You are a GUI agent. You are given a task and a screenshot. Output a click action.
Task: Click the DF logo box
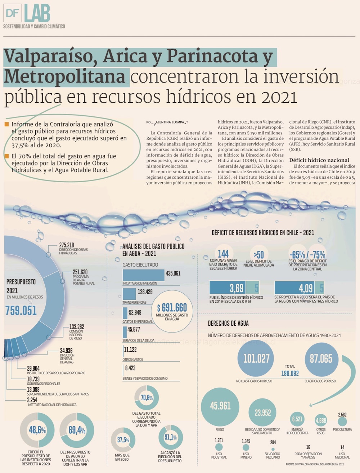click(x=13, y=13)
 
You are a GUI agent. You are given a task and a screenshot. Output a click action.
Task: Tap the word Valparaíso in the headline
click(x=50, y=57)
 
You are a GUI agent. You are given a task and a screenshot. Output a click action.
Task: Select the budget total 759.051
click(x=21, y=311)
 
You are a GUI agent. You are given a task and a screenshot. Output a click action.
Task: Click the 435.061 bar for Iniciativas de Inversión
click(x=143, y=275)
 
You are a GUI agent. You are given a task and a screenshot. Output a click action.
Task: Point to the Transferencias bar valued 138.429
click(x=129, y=294)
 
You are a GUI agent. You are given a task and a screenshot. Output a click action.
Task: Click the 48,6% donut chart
click(x=37, y=430)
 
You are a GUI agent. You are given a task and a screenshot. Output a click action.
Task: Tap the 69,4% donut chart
click(x=77, y=430)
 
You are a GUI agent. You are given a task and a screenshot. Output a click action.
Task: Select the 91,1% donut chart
click(x=171, y=437)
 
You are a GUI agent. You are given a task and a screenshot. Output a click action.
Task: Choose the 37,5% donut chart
click(x=123, y=440)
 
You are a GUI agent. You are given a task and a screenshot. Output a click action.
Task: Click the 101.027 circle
click(x=256, y=359)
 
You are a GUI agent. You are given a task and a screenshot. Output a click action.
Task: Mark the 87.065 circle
click(x=321, y=359)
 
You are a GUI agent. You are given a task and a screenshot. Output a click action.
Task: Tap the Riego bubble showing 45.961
click(x=220, y=406)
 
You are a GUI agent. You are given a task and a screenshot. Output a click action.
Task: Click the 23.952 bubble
click(x=263, y=413)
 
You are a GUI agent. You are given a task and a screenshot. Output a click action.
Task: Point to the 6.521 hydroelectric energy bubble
click(x=297, y=419)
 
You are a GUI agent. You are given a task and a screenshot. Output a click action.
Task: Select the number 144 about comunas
click(x=223, y=254)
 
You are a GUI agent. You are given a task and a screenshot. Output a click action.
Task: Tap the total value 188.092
click(x=290, y=374)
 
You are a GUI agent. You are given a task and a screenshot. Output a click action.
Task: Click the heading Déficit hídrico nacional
click(x=319, y=160)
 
